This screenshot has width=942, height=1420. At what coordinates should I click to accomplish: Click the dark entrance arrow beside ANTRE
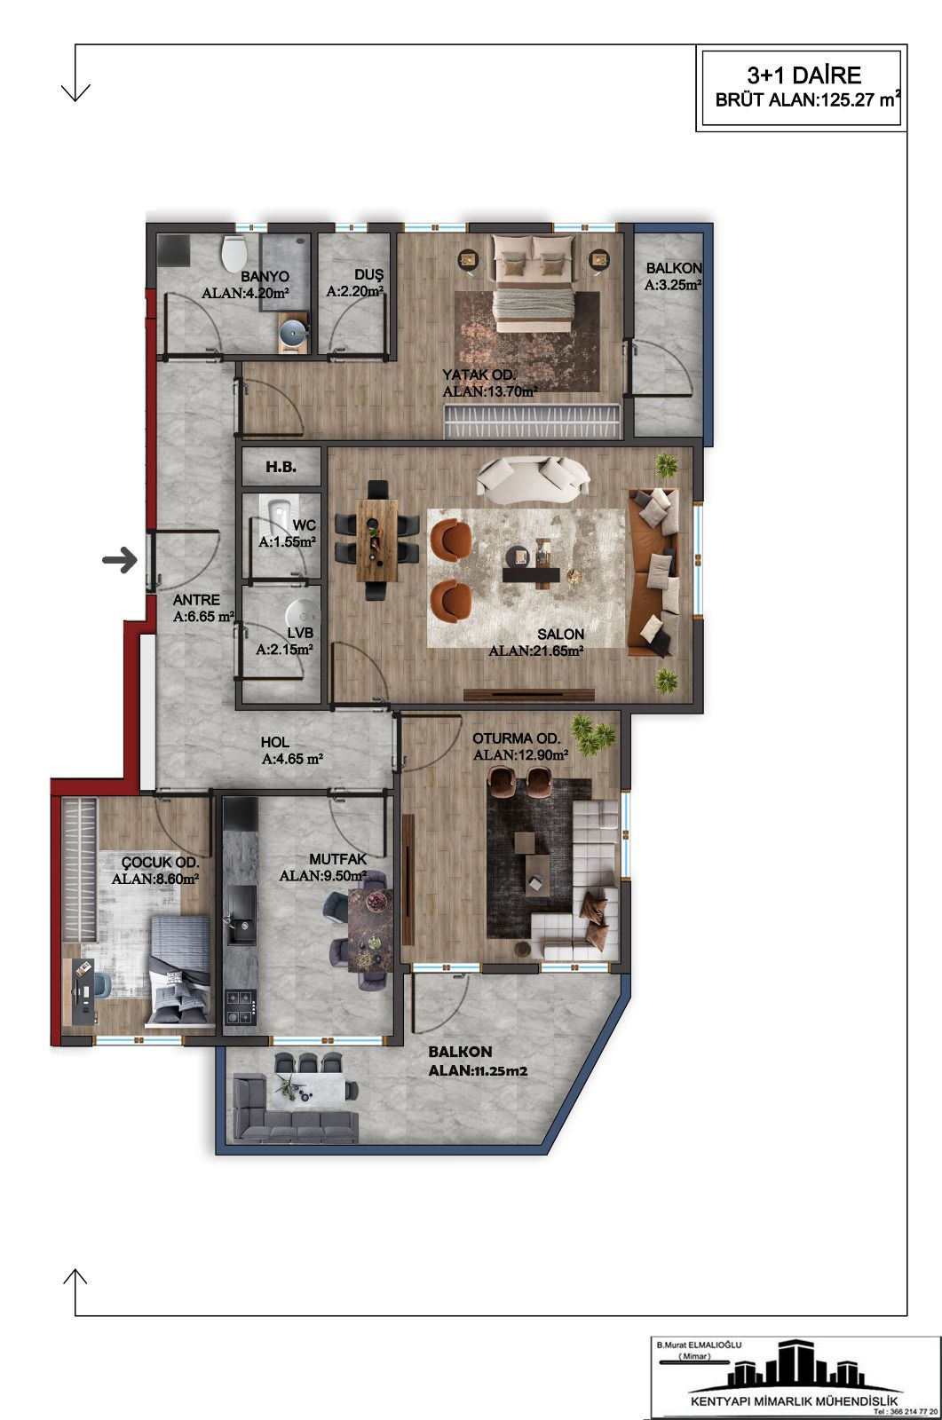pyautogui.click(x=120, y=560)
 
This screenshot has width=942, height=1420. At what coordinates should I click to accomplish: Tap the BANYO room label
pyautogui.click(x=265, y=276)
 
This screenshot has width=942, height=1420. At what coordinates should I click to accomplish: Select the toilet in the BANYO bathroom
pyautogui.click(x=234, y=254)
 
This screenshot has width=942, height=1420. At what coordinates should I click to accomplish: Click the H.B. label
pyautogui.click(x=281, y=467)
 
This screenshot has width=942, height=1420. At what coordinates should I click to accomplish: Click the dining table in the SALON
pyautogui.click(x=376, y=540)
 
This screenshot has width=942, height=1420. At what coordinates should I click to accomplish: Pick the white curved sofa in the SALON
pyautogui.click(x=534, y=476)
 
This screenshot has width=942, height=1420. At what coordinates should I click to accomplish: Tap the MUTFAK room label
pyautogui.click(x=337, y=859)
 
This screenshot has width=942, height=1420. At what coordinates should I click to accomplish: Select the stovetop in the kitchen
pyautogui.click(x=241, y=1006)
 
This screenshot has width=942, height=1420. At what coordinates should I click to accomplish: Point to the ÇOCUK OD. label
pyautogui.click(x=160, y=862)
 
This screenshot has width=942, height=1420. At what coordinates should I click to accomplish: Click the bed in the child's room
pyautogui.click(x=179, y=969)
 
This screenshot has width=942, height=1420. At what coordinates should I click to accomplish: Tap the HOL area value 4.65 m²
pyautogui.click(x=292, y=758)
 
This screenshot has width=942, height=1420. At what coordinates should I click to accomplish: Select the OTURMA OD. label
pyautogui.click(x=517, y=738)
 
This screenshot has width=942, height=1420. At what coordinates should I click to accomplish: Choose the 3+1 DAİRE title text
pyautogui.click(x=803, y=75)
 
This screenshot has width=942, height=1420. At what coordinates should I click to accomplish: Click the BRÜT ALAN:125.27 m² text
pyautogui.click(x=808, y=99)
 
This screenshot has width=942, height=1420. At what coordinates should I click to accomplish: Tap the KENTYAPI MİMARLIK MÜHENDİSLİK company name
pyautogui.click(x=795, y=1401)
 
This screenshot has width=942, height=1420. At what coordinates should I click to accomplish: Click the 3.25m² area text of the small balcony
pyautogui.click(x=672, y=285)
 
